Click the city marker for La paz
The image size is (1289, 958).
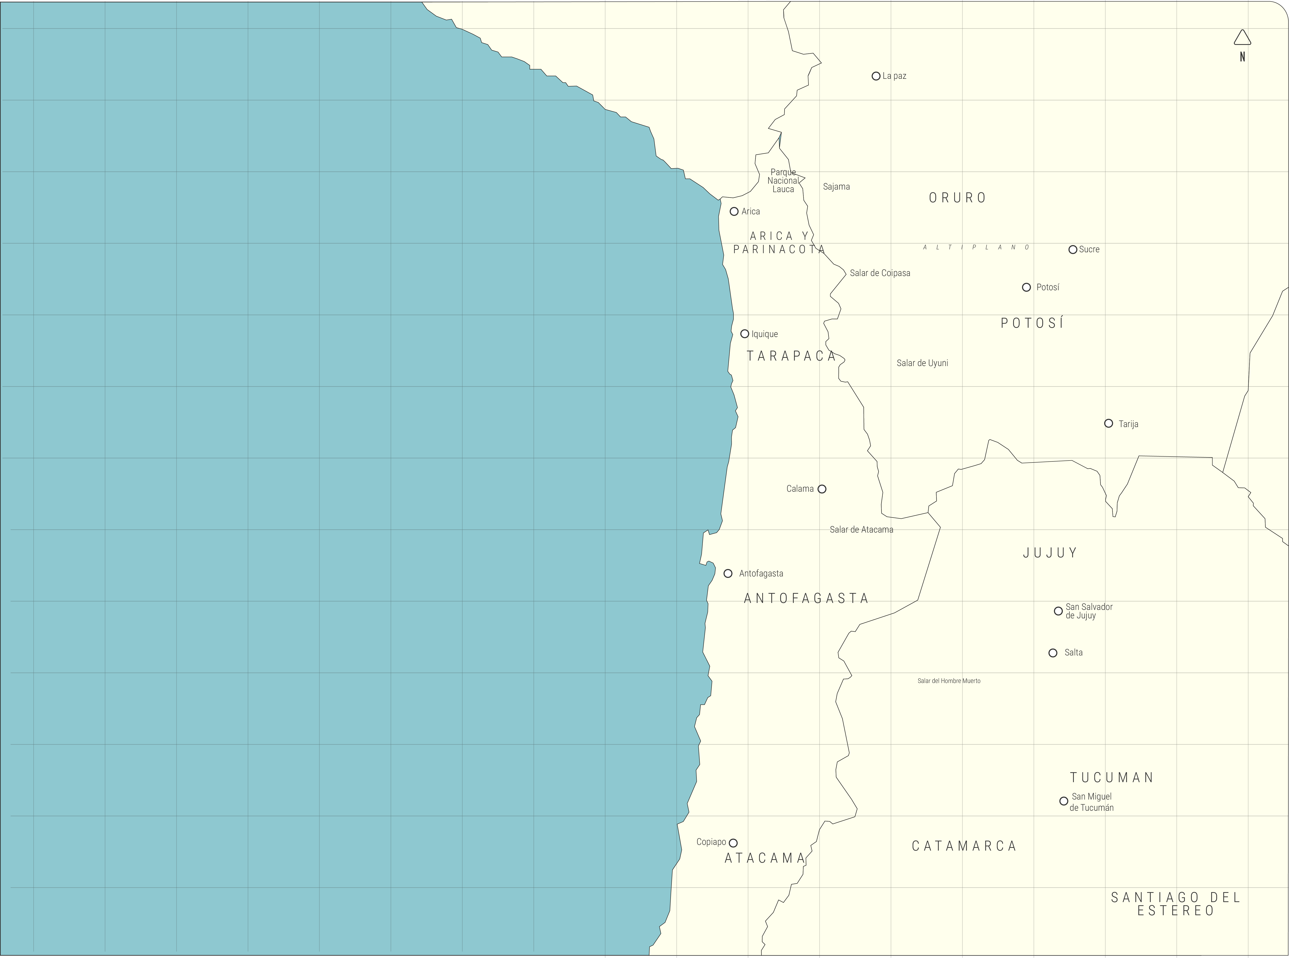point(876,76)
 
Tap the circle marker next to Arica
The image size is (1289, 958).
point(734,212)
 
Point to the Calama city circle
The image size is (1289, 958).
point(822,489)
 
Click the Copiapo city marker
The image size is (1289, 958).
point(733,843)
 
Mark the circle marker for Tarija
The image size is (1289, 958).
point(1109,423)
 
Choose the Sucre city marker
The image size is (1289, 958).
point(1073,249)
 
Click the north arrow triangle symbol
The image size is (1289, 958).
point(1242,38)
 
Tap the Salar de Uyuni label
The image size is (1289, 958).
point(922,363)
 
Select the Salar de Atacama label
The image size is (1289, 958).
point(861,529)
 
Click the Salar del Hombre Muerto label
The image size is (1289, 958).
point(949,681)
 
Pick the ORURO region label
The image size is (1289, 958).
point(957,198)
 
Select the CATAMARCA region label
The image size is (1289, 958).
point(964,846)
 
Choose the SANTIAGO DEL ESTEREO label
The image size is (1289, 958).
point(1175,904)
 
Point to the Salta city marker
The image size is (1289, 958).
point(1053,653)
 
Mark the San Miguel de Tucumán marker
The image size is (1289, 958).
point(1063,801)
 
